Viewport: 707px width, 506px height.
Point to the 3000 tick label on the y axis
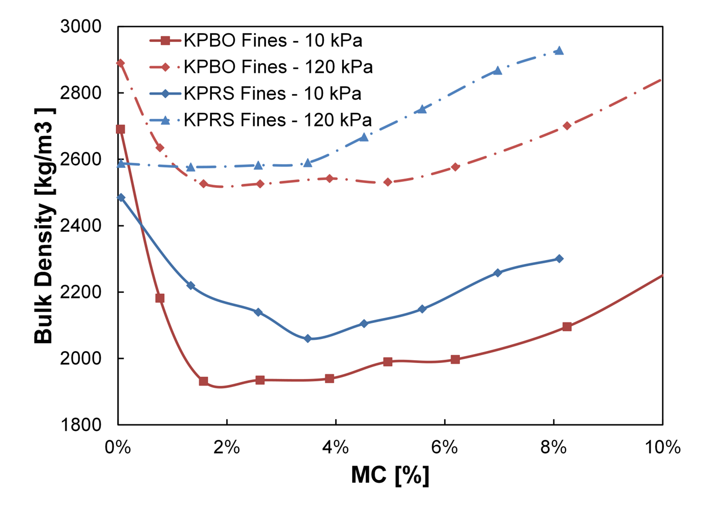click(81, 27)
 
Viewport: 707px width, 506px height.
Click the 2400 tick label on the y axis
click(81, 226)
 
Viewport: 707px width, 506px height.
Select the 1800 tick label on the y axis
click(81, 425)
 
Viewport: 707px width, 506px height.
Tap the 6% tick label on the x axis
click(445, 447)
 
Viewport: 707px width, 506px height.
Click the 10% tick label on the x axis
click(663, 447)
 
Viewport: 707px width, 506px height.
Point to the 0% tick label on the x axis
click(118, 447)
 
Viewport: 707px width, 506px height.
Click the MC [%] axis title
click(390, 475)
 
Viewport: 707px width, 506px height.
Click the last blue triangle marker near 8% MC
click(559, 51)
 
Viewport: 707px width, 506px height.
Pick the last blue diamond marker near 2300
click(559, 259)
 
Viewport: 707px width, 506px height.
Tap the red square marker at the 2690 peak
click(120, 129)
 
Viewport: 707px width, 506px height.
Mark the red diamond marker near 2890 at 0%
click(120, 63)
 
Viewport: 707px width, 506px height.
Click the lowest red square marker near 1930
click(204, 381)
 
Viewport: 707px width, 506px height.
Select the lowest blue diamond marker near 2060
click(308, 338)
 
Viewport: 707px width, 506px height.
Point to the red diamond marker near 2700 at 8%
click(567, 126)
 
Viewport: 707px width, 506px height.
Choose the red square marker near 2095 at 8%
click(567, 327)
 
